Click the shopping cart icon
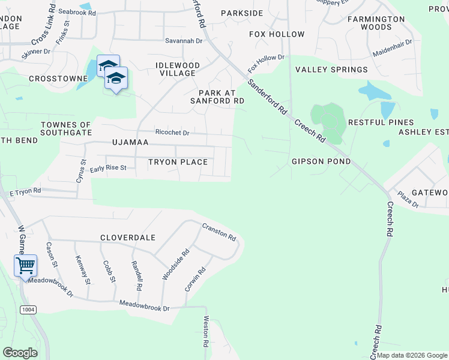[26, 265]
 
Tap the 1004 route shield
[27, 309]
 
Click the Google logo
[20, 352]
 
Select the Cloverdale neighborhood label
[128, 238]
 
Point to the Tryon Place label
[178, 162]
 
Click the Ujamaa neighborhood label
[130, 143]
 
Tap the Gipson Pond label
[321, 161]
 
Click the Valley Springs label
[331, 70]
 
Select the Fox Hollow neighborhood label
[277, 34]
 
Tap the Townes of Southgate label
[66, 128]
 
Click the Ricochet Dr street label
[172, 133]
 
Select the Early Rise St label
[108, 168]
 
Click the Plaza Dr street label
[408, 200]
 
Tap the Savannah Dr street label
[183, 41]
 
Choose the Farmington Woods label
[377, 23]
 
